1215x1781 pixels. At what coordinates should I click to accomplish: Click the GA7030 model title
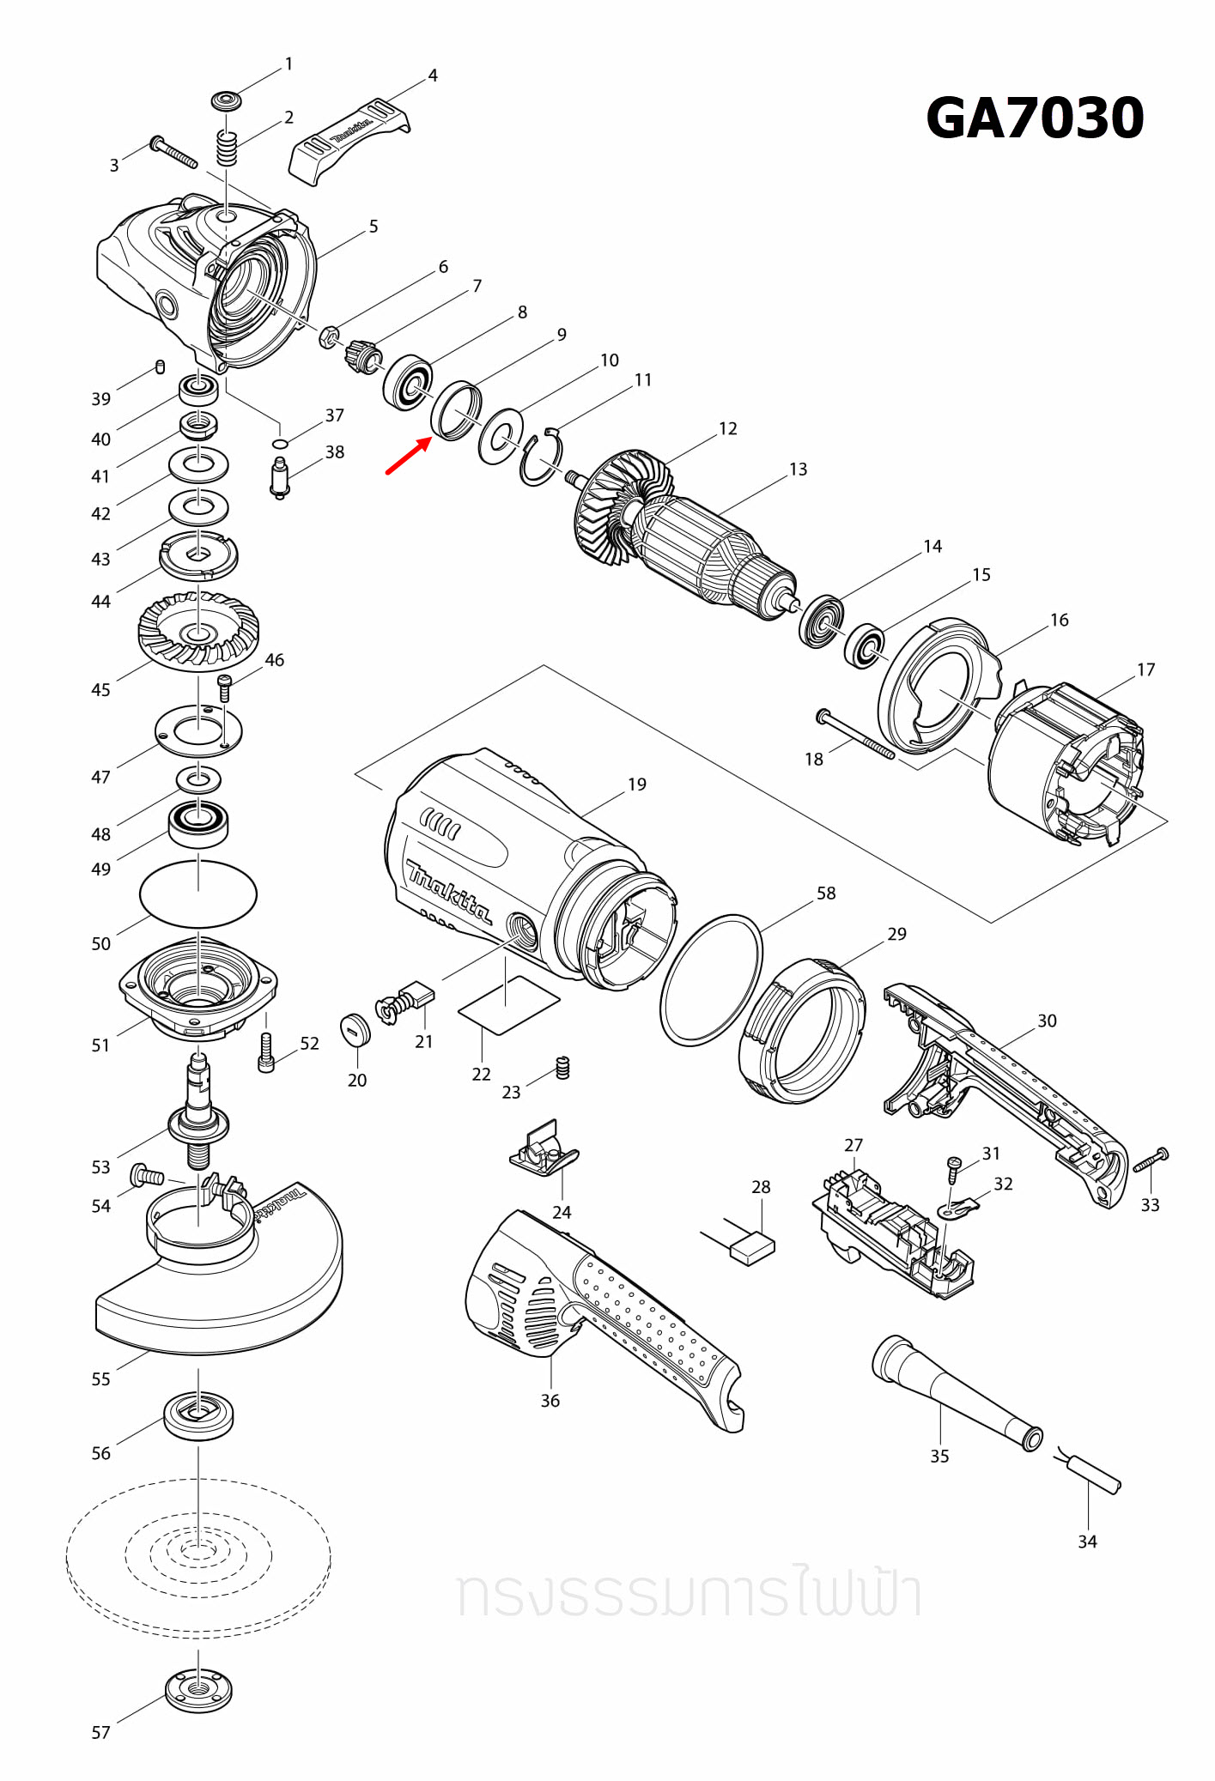tap(1035, 118)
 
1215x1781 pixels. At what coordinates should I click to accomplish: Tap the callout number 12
tap(727, 428)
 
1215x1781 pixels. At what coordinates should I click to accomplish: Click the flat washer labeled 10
tap(501, 436)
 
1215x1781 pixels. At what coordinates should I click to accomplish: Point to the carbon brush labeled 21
tap(418, 997)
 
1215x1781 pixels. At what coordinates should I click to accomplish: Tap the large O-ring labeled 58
tap(711, 979)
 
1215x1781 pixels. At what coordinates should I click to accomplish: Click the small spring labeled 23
tap(563, 1067)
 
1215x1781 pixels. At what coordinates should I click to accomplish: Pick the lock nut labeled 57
tap(199, 1690)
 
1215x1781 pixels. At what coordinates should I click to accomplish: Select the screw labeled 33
tap(1151, 1160)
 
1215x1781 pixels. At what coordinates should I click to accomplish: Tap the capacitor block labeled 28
tap(752, 1247)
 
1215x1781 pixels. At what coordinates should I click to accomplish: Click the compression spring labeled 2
tap(226, 149)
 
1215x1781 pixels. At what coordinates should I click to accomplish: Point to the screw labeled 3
tap(174, 153)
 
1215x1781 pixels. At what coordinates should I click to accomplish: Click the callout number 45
tap(100, 689)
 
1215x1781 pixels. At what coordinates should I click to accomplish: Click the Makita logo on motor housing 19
tap(448, 891)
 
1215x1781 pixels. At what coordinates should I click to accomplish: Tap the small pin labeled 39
tap(160, 367)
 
